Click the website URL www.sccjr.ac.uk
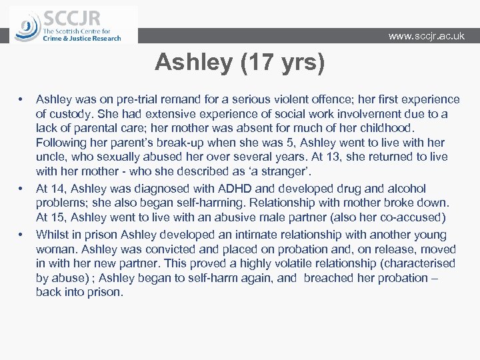coord(426,36)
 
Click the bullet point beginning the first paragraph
coord(22,99)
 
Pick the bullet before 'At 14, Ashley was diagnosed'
coord(22,189)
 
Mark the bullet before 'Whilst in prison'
coord(22,235)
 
